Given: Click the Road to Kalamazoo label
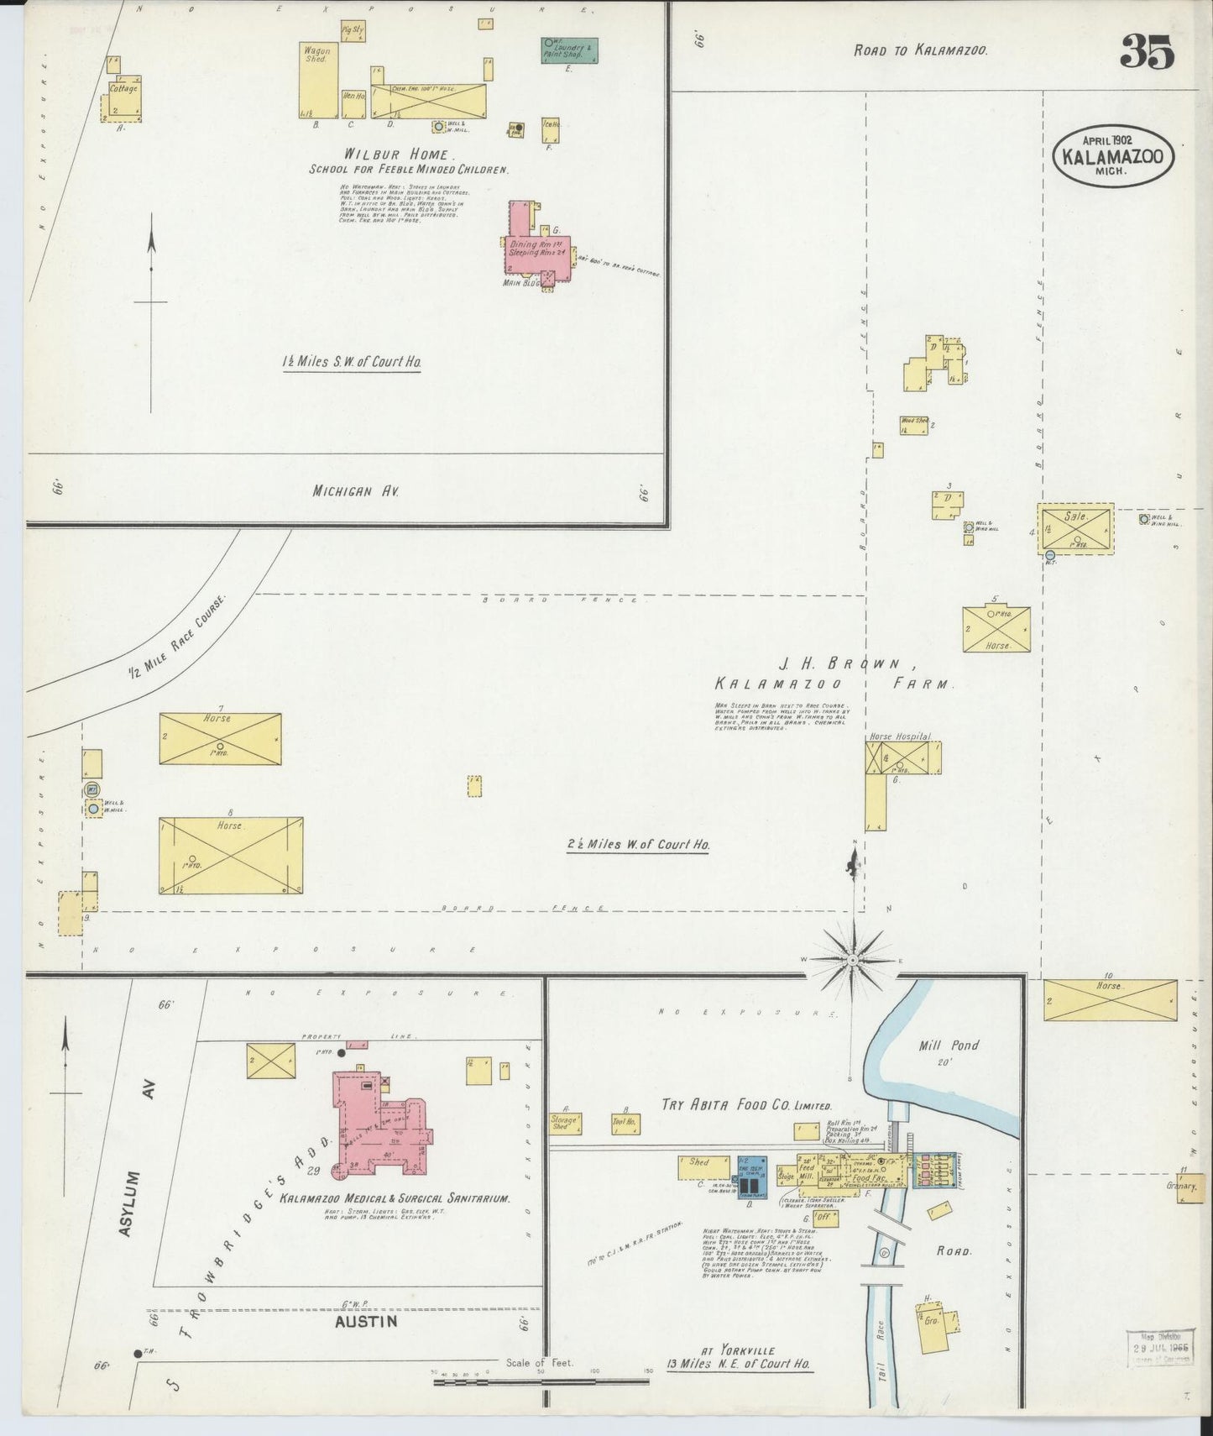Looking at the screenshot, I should (x=920, y=50).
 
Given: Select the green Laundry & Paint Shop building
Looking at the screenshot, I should (x=569, y=50).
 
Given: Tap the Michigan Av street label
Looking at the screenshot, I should (x=354, y=491).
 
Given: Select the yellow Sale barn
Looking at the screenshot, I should (x=1075, y=527).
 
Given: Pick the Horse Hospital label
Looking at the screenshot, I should (x=900, y=736).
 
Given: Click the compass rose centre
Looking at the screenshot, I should (x=852, y=959).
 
